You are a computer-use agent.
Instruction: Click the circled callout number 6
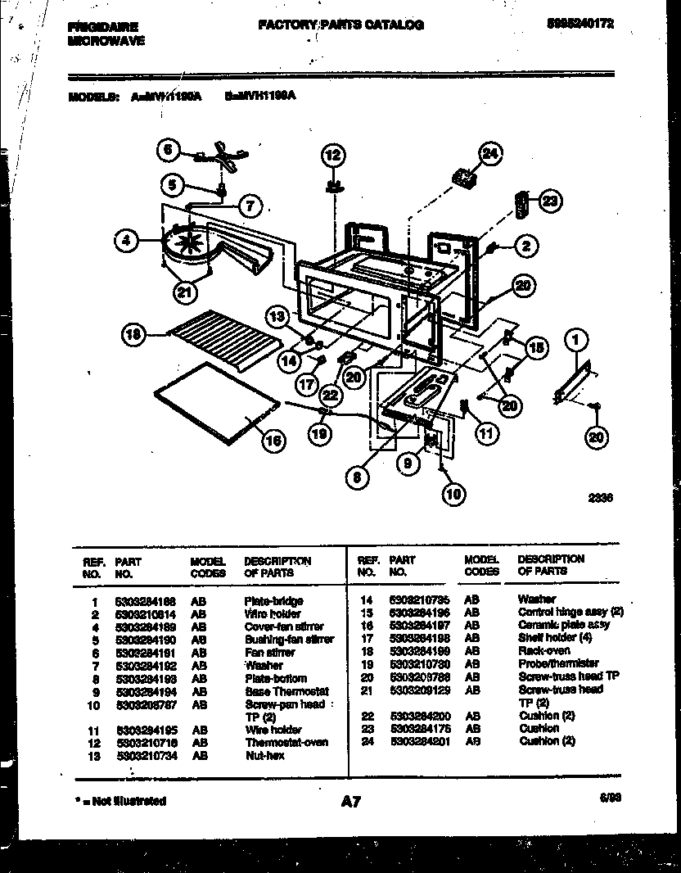click(x=168, y=150)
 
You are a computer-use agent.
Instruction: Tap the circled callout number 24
click(x=489, y=154)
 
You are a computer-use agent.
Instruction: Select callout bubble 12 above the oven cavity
click(x=333, y=156)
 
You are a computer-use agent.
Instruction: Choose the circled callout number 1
click(x=578, y=337)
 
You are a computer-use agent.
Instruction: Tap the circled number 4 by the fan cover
click(x=125, y=241)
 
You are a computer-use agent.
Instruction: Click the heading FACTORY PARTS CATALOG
click(x=340, y=25)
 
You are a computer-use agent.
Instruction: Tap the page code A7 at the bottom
click(x=350, y=803)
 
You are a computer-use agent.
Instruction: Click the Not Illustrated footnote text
click(x=120, y=801)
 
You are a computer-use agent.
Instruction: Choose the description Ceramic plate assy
click(x=563, y=624)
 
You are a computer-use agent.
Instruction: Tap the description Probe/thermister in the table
click(x=557, y=663)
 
